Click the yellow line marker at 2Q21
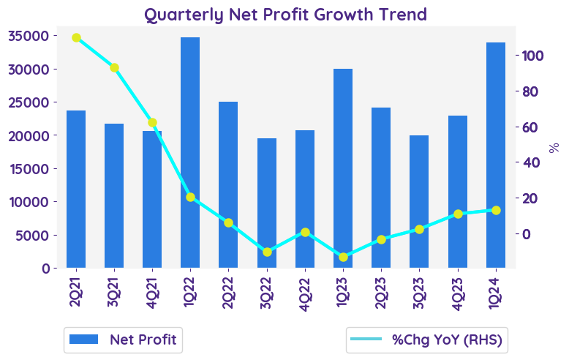pyautogui.click(x=76, y=37)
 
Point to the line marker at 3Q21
pyautogui.click(x=114, y=68)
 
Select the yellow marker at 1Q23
pyautogui.click(x=343, y=257)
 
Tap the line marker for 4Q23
pyautogui.click(x=458, y=214)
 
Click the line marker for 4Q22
pyautogui.click(x=305, y=233)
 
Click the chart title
pyautogui.click(x=285, y=14)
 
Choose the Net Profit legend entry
pyautogui.click(x=122, y=340)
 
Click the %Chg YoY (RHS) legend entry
pyautogui.click(x=428, y=340)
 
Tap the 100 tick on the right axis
pyautogui.click(x=532, y=56)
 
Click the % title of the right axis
pyautogui.click(x=554, y=148)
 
